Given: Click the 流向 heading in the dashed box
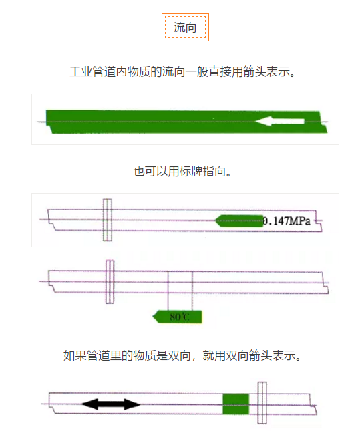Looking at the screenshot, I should (x=185, y=27).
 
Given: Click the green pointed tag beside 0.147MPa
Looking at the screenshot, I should (x=239, y=220).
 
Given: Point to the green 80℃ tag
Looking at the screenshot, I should (x=178, y=316).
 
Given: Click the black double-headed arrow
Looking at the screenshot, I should (x=111, y=404).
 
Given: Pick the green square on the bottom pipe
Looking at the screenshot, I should (x=235, y=404).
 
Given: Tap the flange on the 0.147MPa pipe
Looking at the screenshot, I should (x=106, y=219).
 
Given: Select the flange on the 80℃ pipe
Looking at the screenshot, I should (x=110, y=281).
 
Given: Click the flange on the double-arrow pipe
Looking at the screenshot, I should (x=262, y=402).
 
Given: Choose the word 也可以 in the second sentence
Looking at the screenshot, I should (x=150, y=172).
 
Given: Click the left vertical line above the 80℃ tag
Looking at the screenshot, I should (x=168, y=291).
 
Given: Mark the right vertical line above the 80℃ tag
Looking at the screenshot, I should (x=192, y=291).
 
